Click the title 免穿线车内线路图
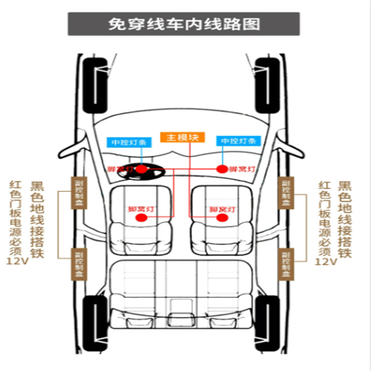pos(184,24)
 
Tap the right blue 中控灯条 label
pos(238,141)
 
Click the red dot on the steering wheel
pos(142,169)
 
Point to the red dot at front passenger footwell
pos(223,169)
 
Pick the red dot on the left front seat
pos(141,218)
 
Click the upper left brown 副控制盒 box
pos(79,192)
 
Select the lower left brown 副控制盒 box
pos(79,265)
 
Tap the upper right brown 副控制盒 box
pos(286,192)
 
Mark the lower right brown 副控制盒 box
pos(286,265)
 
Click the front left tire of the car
pos(95,87)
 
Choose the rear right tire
pos(268,322)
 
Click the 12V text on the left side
pos(17,261)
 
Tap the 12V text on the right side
pos(325,261)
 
